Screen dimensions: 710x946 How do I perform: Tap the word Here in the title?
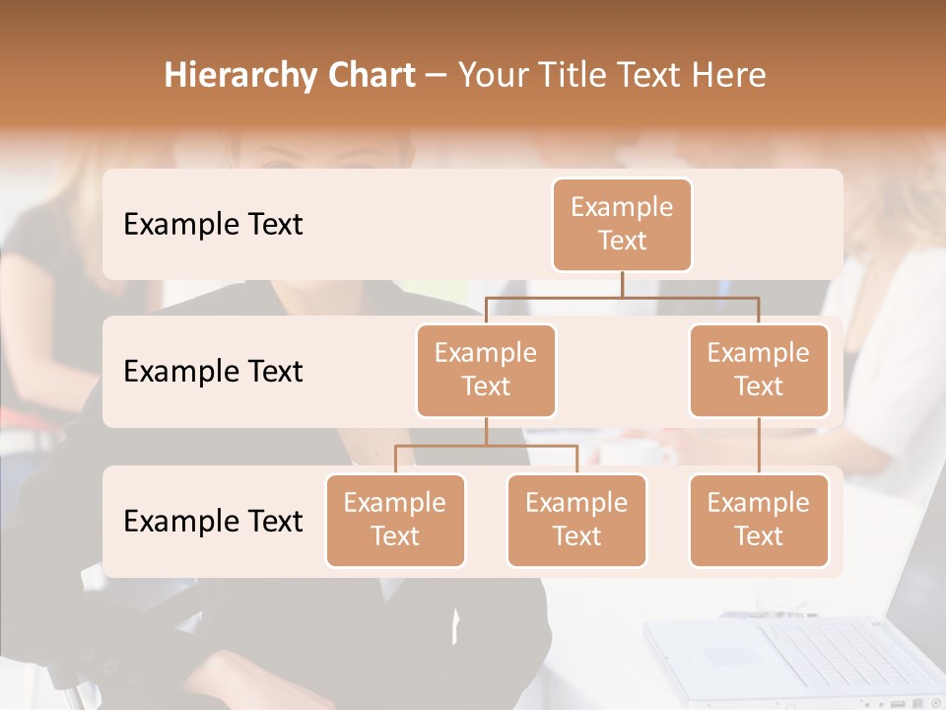(x=728, y=76)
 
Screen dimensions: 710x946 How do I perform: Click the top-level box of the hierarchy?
(x=622, y=224)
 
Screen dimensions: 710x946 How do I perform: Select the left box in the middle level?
(x=486, y=370)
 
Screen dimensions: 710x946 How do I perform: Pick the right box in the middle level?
(x=759, y=370)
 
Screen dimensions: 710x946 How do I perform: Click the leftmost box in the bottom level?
(x=395, y=520)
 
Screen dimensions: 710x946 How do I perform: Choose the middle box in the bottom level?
(x=576, y=520)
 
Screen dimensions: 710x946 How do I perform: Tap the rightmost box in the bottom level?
(x=759, y=520)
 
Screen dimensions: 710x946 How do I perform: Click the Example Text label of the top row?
(x=213, y=225)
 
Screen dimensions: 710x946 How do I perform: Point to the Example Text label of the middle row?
(x=213, y=372)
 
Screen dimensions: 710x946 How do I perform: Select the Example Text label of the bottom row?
(x=213, y=521)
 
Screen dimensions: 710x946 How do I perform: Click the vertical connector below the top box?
(x=622, y=284)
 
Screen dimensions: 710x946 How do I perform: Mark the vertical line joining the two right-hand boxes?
(x=759, y=446)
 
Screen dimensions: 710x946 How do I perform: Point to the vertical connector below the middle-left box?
(x=486, y=431)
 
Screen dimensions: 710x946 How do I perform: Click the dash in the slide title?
(x=437, y=76)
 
